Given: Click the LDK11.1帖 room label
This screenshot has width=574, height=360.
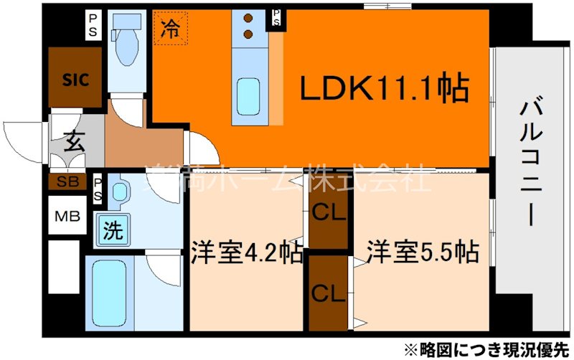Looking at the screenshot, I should tap(384, 90).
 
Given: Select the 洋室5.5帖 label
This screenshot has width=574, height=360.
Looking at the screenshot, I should tap(423, 252).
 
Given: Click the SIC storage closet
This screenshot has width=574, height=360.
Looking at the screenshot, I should tap(75, 80).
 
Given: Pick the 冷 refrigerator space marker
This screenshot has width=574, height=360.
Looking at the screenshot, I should tap(170, 29).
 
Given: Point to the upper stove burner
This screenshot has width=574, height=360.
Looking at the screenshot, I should tap(248, 19).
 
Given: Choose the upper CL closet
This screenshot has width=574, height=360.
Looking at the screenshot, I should tap(328, 212).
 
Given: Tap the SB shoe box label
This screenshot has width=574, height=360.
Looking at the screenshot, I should tap(68, 182).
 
